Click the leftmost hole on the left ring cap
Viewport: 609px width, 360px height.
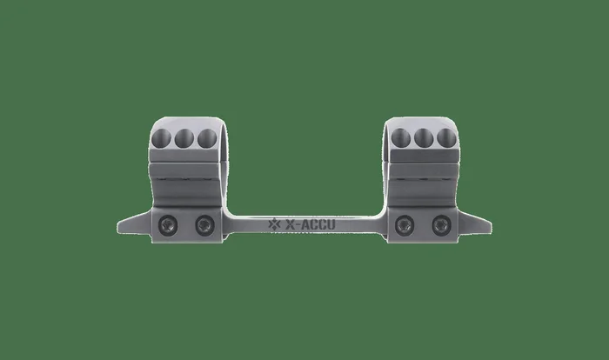pos(161,138)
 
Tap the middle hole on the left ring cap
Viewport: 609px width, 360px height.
pos(184,138)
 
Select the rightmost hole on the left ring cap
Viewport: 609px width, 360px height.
pos(207,138)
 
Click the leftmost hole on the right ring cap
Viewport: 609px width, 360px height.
pos(401,138)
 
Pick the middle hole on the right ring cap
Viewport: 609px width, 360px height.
pos(424,138)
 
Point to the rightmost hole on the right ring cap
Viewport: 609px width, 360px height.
pos(446,138)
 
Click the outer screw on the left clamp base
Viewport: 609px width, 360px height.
pos(168,225)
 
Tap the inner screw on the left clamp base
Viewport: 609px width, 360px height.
pos(205,225)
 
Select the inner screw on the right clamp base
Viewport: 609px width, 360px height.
pos(405,225)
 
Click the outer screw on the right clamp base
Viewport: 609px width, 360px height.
pos(442,225)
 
